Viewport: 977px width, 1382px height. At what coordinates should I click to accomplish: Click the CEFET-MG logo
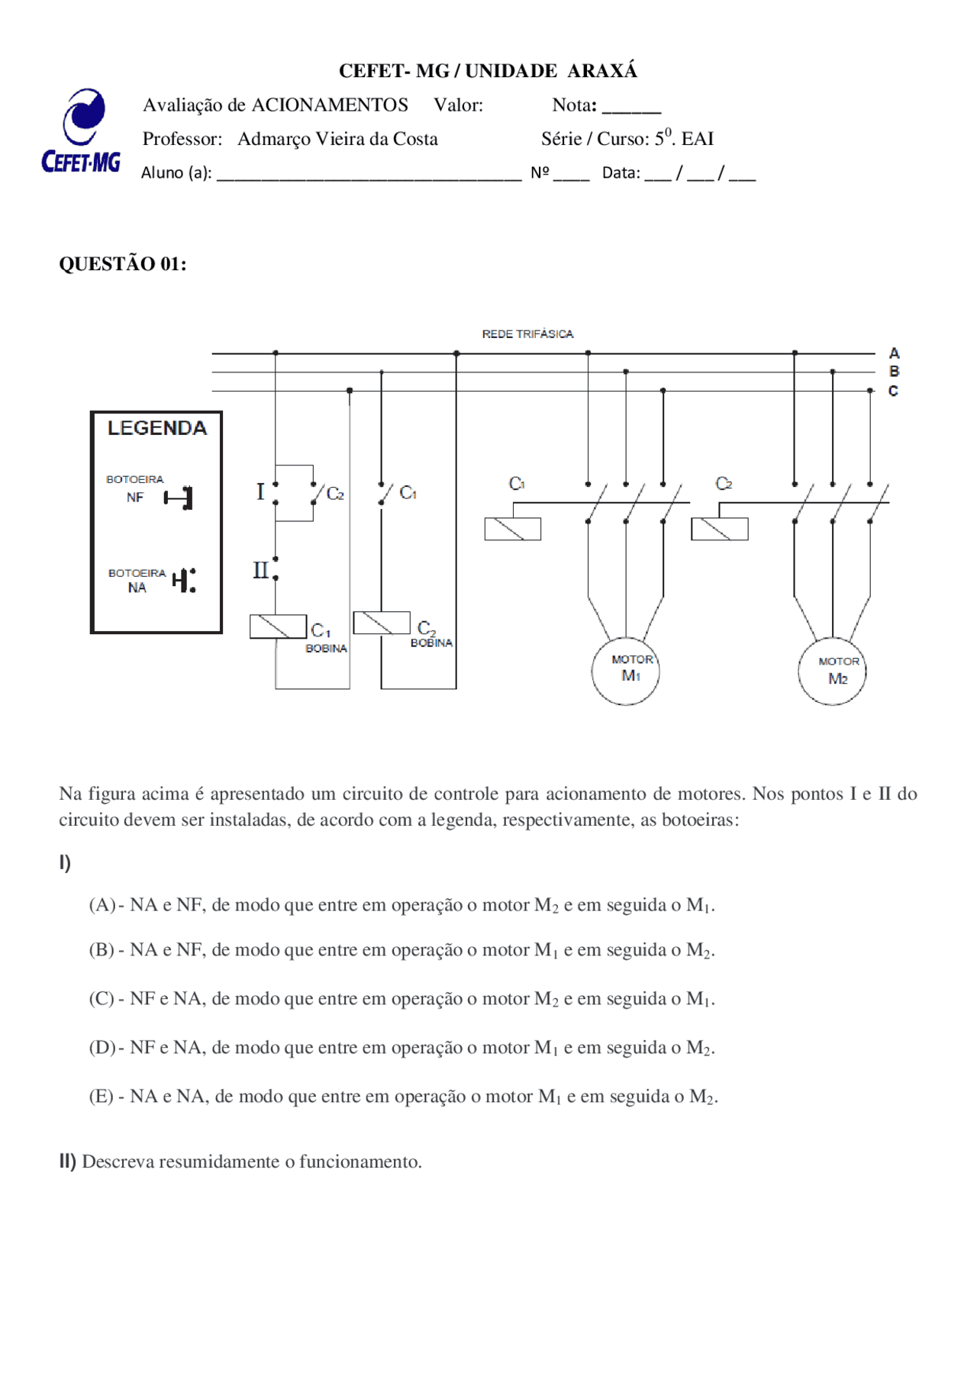point(81,130)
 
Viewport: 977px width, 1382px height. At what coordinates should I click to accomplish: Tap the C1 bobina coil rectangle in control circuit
point(279,627)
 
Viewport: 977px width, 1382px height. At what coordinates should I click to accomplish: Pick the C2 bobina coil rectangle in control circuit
point(382,623)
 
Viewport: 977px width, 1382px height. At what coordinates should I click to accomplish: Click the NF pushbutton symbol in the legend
point(179,498)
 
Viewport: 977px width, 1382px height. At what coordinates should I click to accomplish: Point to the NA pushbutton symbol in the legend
point(184,581)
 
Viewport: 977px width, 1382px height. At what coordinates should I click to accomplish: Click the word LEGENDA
point(157,428)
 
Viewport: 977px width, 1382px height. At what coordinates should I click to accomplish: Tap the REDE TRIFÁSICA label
point(527,334)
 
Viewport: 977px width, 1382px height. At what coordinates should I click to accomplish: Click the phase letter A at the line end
point(895,353)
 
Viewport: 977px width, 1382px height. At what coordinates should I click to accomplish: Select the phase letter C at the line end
point(894,391)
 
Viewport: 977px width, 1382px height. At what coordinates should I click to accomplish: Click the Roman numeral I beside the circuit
point(260,491)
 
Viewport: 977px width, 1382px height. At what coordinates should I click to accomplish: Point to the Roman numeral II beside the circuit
point(261,570)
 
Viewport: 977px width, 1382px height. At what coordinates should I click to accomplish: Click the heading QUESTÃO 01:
point(123,264)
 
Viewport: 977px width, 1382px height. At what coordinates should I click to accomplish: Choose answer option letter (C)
point(102,999)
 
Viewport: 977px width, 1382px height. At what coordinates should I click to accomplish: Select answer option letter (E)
point(102,1097)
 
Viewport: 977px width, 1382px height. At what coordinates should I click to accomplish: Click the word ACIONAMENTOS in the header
point(330,105)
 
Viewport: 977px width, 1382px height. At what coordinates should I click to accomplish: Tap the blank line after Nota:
point(631,112)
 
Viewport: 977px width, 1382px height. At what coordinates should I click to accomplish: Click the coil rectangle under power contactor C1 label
point(513,529)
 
